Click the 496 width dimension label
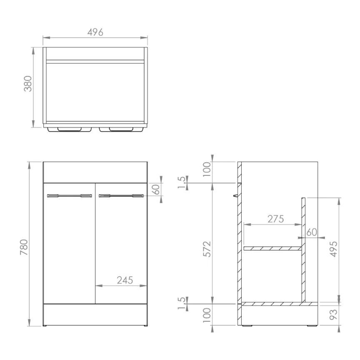[x=95, y=32]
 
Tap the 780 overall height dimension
[x=23, y=247]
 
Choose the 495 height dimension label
[x=333, y=249]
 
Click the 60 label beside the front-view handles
[x=156, y=190]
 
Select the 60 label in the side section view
[x=312, y=232]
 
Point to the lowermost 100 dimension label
[x=207, y=317]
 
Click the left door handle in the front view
[x=70, y=195]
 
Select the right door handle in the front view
[x=121, y=195]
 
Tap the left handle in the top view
[x=70, y=129]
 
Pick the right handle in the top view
[x=121, y=129]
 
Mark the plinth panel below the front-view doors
[x=95, y=314]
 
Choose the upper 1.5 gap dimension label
[x=181, y=182]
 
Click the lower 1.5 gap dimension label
[x=181, y=303]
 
